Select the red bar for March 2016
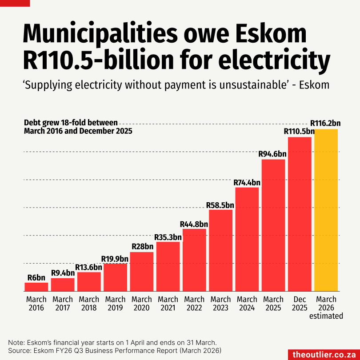click(36, 287)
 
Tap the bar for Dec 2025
click(300, 214)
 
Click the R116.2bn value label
click(325, 123)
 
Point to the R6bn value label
click(36, 278)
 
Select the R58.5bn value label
click(220, 205)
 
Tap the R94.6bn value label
click(272, 154)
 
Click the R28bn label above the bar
click(142, 247)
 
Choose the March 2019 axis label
click(116, 304)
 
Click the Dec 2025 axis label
click(300, 304)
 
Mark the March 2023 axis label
click(220, 304)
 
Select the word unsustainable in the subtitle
click(254, 84)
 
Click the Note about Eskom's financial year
click(112, 342)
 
